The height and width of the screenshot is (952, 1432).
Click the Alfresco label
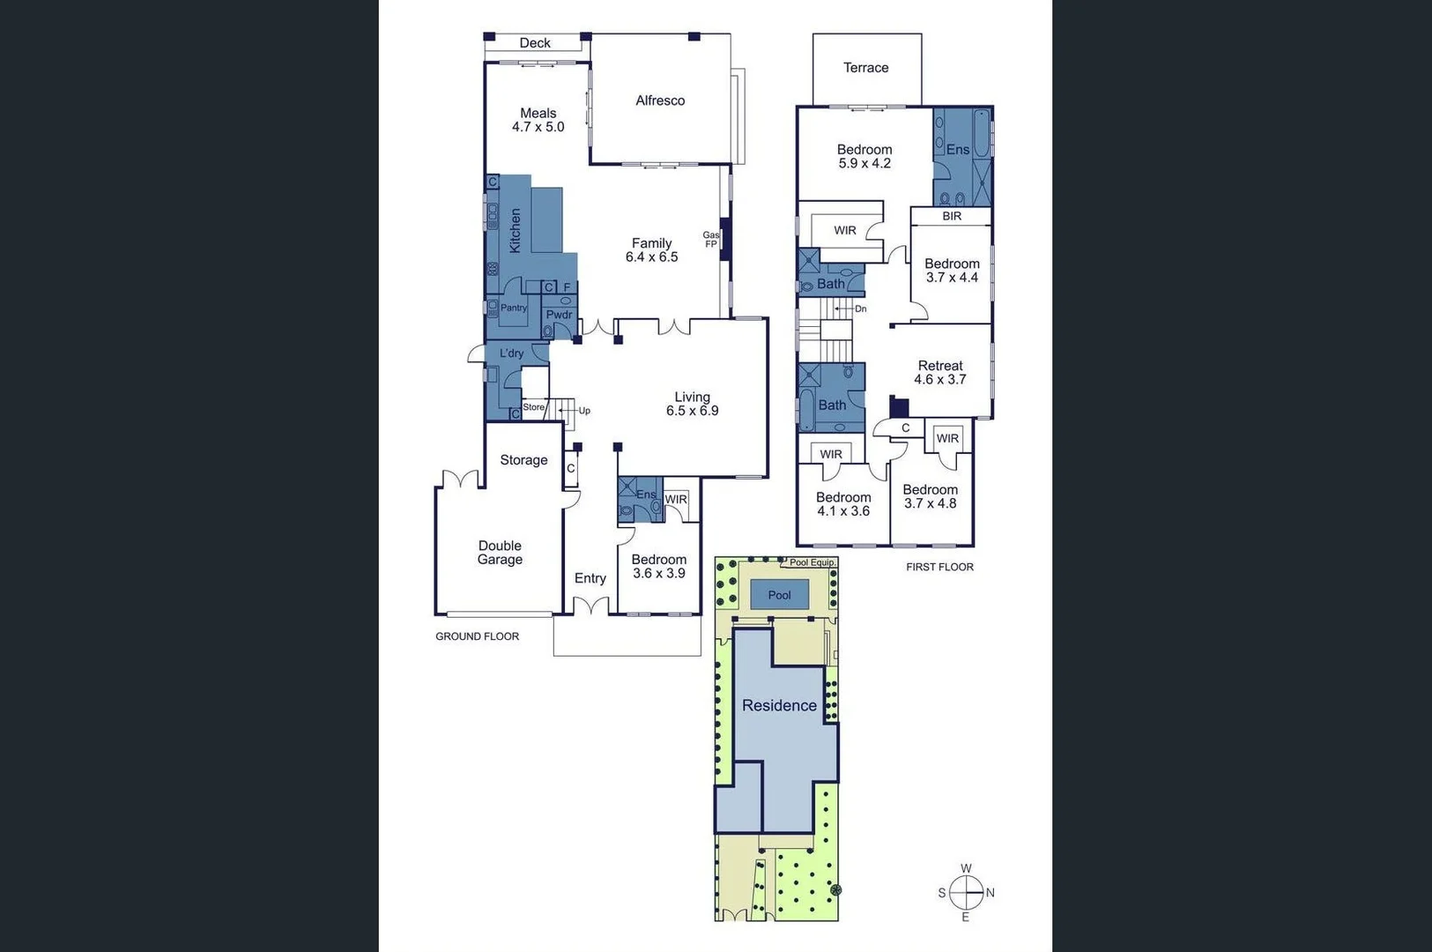(660, 100)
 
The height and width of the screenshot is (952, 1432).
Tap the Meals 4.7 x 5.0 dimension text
(538, 127)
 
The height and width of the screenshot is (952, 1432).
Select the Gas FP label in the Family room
(711, 240)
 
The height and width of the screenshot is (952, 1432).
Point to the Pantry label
(514, 309)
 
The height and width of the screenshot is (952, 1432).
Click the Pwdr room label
(559, 315)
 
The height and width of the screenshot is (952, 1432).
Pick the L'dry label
(512, 353)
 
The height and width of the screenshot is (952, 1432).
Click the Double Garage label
(500, 553)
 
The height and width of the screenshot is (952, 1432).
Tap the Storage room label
(523, 460)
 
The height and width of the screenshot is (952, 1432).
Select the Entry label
(590, 578)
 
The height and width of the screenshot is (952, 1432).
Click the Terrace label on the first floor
(865, 68)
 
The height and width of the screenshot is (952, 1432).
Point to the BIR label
(952, 216)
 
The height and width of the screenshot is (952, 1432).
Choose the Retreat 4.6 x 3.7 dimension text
(940, 380)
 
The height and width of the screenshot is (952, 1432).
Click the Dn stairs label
(861, 309)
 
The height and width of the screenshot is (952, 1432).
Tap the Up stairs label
(584, 411)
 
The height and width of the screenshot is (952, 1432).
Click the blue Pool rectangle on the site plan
(779, 595)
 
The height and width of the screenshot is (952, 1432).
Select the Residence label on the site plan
(779, 705)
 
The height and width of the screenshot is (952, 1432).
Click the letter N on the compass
(991, 893)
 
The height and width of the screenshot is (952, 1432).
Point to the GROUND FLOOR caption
(477, 636)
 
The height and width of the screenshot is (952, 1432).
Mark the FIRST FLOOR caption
(939, 567)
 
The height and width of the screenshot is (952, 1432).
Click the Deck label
(535, 43)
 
